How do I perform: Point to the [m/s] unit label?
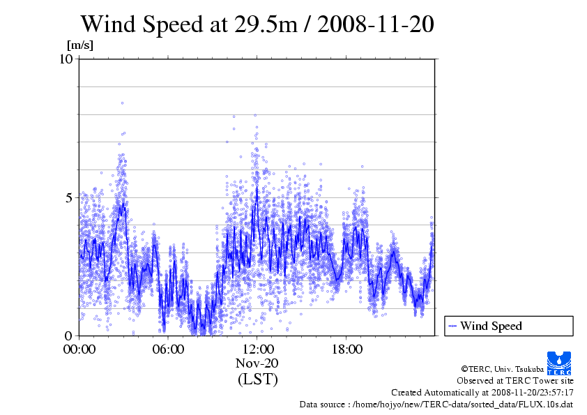79,45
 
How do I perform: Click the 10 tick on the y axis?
66,59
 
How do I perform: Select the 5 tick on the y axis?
70,197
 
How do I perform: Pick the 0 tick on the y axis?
70,335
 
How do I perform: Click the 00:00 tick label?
79,349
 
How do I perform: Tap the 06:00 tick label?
169,349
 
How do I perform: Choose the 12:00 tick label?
257,349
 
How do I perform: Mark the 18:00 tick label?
346,349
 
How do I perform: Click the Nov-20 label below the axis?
257,363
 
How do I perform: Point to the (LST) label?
257,379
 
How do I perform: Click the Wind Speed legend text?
491,326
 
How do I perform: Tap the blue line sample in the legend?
452,326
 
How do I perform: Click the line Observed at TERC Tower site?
515,381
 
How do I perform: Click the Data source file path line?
436,404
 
